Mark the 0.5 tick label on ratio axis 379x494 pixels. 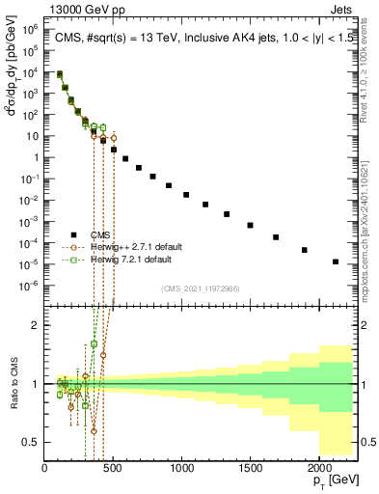coord(32,442)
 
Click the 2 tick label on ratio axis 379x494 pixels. coord(37,325)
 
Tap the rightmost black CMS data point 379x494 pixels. coord(336,261)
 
